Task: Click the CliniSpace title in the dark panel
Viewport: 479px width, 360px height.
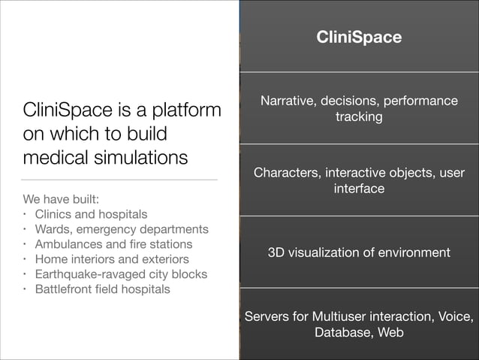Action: (359, 37)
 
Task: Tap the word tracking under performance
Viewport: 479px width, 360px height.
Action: (359, 118)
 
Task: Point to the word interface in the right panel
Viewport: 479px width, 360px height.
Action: (359, 189)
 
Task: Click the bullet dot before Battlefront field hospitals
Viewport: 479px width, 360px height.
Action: (24, 289)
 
